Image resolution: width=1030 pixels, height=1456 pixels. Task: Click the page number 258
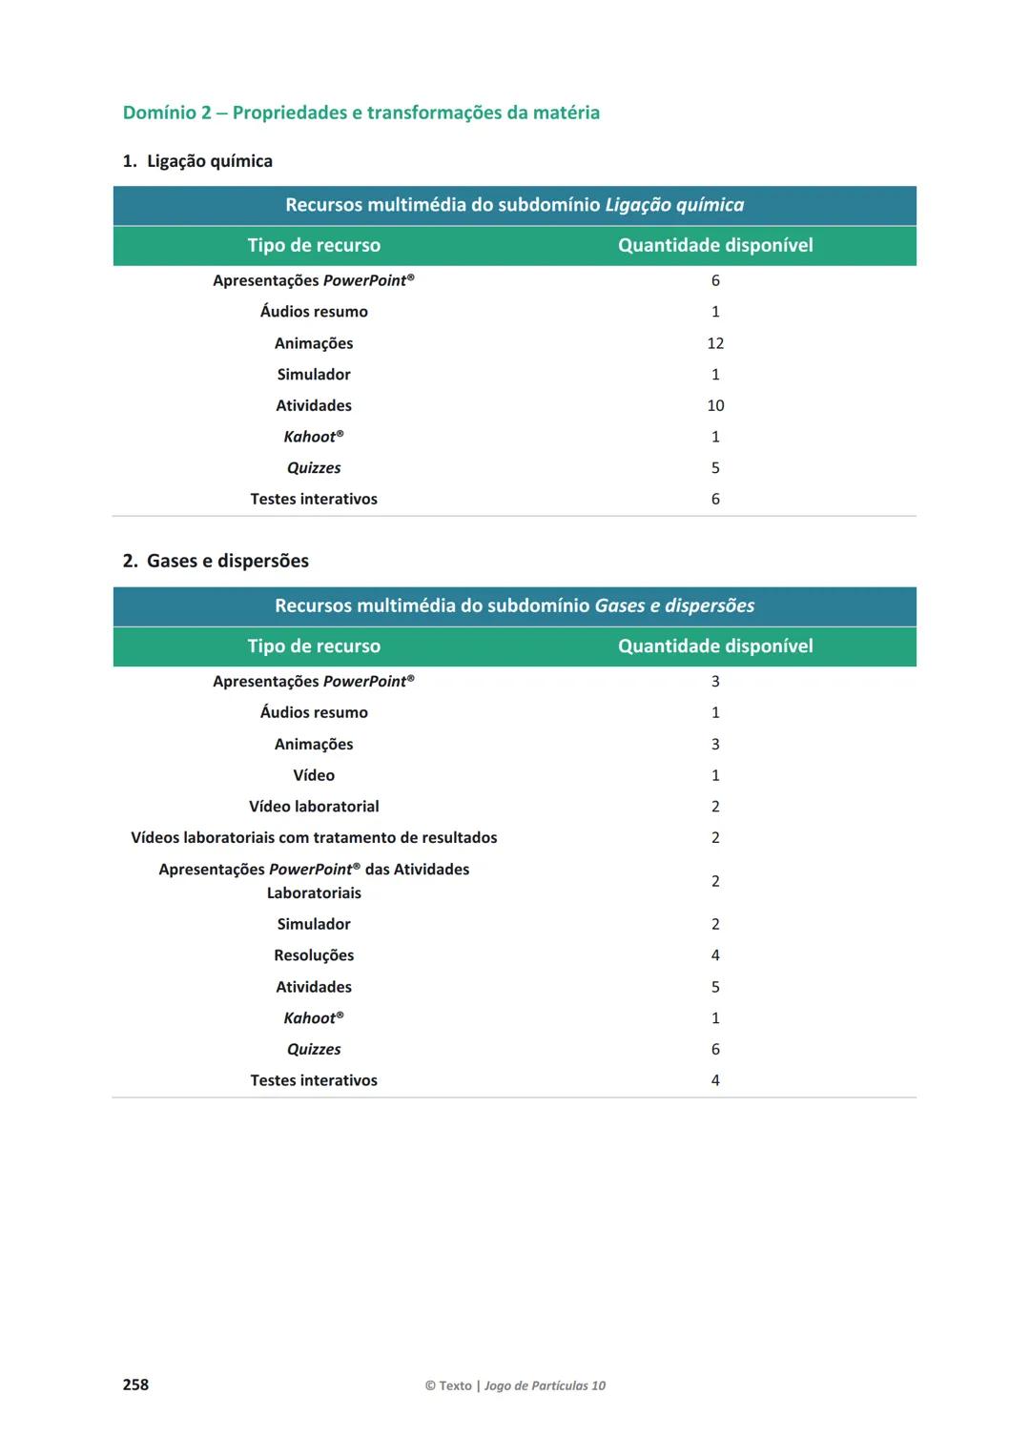click(135, 1384)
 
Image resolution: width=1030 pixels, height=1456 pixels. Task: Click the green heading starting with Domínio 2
click(360, 113)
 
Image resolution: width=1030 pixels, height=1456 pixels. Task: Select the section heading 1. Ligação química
click(197, 161)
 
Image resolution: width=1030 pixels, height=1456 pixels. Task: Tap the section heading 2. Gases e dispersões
click(216, 561)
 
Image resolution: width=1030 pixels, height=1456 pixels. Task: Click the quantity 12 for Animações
click(715, 343)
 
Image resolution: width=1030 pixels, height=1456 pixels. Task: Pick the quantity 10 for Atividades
click(715, 405)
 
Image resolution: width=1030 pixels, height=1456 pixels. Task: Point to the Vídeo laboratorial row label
click(314, 807)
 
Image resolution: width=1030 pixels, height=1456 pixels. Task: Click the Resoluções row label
click(314, 955)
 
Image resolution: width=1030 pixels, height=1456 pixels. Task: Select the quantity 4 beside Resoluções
click(715, 955)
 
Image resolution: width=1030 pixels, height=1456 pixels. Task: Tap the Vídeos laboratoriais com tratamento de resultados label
click(314, 838)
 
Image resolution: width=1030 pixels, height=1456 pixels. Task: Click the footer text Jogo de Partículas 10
click(545, 1385)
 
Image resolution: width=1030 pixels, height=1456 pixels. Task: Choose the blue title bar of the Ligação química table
click(514, 205)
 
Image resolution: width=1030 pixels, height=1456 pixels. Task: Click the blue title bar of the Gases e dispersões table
click(514, 605)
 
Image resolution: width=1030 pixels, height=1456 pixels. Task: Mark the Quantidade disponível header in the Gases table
click(715, 646)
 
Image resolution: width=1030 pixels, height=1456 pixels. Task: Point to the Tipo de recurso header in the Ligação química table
click(314, 245)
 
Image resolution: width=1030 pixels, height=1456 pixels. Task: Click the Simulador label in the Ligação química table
click(314, 375)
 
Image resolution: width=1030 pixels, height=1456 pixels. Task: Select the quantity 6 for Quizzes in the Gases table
click(715, 1049)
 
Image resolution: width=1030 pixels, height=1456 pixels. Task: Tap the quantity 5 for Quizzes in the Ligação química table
click(715, 468)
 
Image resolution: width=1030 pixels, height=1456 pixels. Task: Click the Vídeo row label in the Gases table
click(314, 775)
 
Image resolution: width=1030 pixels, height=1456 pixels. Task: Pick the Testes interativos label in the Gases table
click(314, 1080)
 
